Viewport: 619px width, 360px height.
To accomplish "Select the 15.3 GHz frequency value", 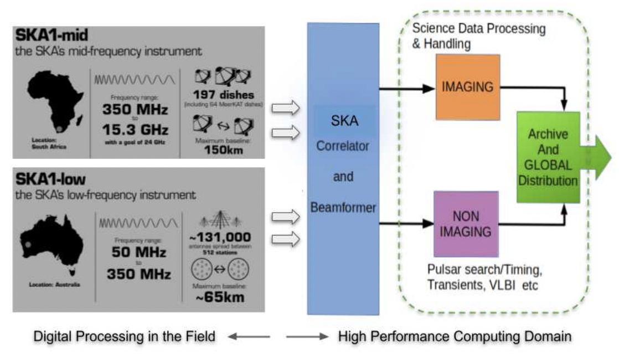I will [x=136, y=129].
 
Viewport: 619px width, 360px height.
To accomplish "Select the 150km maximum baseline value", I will [x=224, y=150].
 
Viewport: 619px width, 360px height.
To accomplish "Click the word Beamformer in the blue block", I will [x=343, y=208].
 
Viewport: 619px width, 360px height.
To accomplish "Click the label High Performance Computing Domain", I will [x=453, y=336].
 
